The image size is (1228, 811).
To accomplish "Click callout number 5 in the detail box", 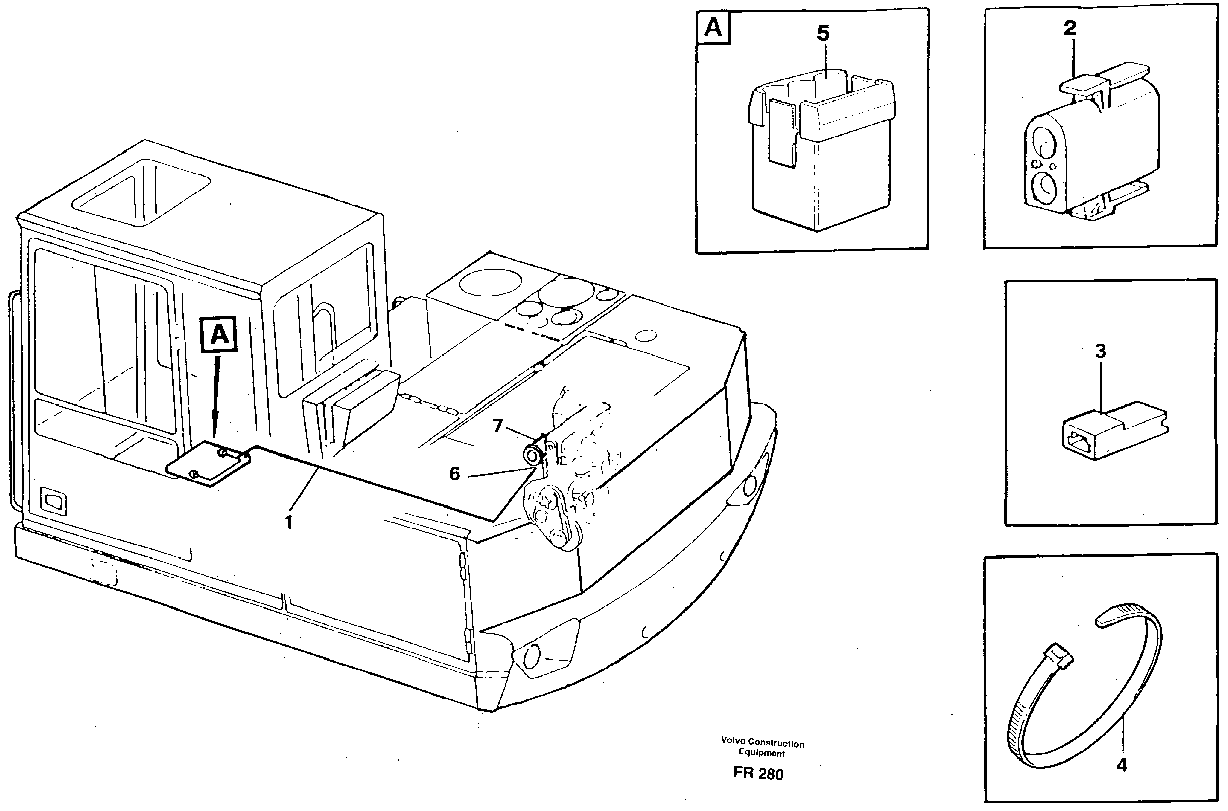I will [822, 34].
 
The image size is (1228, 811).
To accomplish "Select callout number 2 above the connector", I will [1070, 28].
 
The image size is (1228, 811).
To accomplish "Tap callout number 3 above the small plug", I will [1100, 351].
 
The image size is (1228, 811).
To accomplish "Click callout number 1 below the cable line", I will [289, 522].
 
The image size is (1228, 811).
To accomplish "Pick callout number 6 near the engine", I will [454, 473].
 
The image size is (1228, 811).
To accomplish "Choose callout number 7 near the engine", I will [497, 426].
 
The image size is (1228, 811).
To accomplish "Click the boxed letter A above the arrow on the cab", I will [220, 335].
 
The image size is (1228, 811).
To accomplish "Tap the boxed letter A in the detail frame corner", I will [713, 28].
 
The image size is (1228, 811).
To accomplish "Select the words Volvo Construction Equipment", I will [762, 748].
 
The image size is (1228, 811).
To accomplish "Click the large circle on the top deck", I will [489, 282].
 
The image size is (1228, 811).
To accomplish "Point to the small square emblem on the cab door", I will [54, 500].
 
